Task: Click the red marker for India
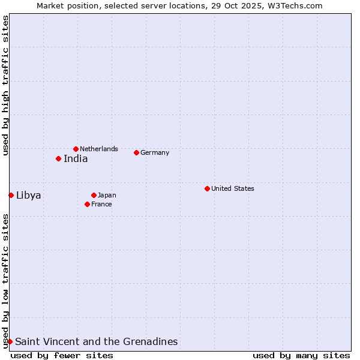(x=58, y=158)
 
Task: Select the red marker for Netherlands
(x=76, y=149)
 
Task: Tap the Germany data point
(x=136, y=152)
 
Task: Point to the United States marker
(x=207, y=188)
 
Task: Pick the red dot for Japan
(x=94, y=195)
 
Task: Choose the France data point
(x=87, y=204)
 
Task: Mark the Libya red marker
(x=11, y=195)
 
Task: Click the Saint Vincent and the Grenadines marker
(x=10, y=341)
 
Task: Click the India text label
(x=76, y=159)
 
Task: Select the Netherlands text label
(x=99, y=149)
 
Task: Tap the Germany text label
(x=155, y=152)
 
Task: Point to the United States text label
(x=233, y=188)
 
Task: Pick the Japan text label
(x=107, y=195)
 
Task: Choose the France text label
(x=101, y=204)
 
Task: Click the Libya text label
(x=29, y=195)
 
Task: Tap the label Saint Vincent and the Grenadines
(x=97, y=342)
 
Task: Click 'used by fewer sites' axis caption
(x=62, y=355)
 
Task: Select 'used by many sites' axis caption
(x=301, y=355)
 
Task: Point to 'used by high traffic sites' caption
(x=5, y=86)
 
